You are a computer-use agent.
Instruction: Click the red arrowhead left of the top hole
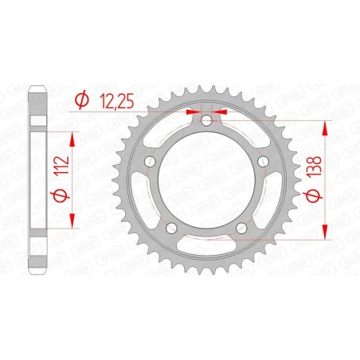click(191, 112)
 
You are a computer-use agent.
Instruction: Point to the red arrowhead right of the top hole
click(219, 112)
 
